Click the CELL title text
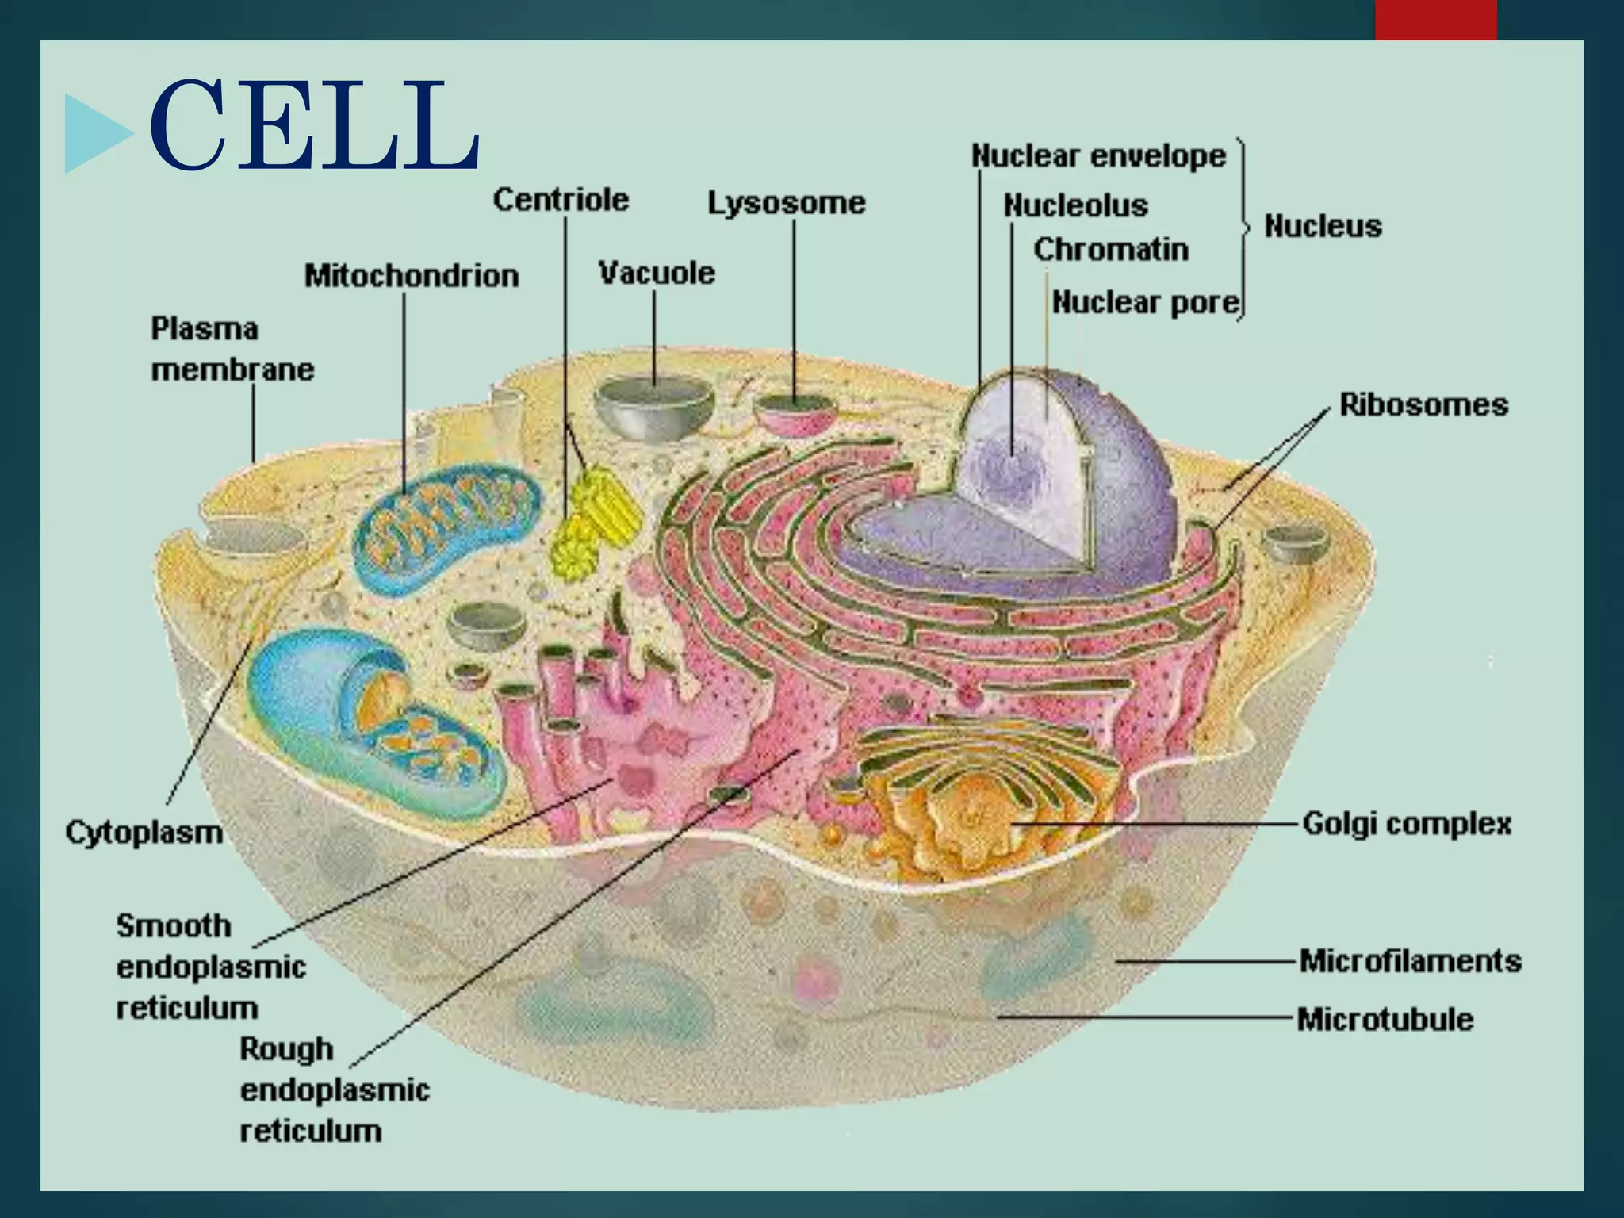point(314,125)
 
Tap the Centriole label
point(561,200)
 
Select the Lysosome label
point(786,203)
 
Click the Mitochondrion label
point(412,276)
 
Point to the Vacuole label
point(656,273)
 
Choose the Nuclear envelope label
point(1098,156)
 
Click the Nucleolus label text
point(1075,206)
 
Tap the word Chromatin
point(1110,250)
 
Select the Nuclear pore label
point(1145,302)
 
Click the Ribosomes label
point(1423,405)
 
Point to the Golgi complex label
point(1407,824)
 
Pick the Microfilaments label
point(1410,961)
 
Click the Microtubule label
point(1385,1019)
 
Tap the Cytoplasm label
point(144,833)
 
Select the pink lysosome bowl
point(795,413)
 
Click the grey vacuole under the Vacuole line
point(654,407)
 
